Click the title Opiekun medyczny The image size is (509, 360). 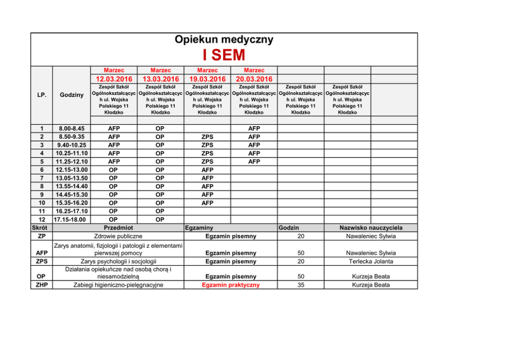(x=224, y=39)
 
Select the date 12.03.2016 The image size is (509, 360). (x=114, y=79)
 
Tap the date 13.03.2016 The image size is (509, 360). (x=160, y=79)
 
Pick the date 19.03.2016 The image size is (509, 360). (x=207, y=79)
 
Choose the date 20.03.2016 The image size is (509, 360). (x=254, y=79)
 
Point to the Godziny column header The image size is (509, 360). (x=71, y=95)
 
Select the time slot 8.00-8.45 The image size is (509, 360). (x=71, y=129)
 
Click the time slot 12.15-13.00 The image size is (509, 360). (x=71, y=170)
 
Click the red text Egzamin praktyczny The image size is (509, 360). (x=230, y=285)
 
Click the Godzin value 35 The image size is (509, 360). (x=301, y=285)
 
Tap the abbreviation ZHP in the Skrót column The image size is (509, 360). (x=42, y=285)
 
